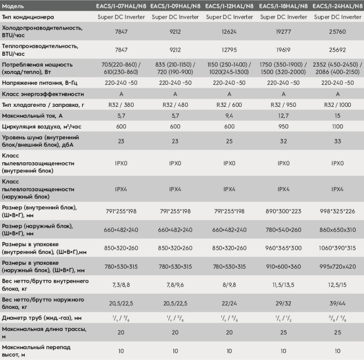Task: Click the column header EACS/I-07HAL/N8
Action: coord(121,6)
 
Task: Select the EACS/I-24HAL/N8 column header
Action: coord(337,6)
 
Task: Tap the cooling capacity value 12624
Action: coord(229,31)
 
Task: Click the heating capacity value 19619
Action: coord(283,50)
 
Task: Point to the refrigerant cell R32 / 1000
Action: coord(338,105)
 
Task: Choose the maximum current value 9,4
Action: coord(229,116)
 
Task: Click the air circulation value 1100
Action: coord(338,127)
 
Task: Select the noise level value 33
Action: coord(338,141)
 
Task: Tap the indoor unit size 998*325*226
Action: coord(338,211)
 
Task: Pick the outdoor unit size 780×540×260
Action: coord(283,230)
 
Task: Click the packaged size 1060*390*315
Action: coord(337,248)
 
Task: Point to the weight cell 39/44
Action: coord(338,303)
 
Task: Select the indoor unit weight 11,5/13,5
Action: coord(283,285)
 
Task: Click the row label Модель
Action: coord(13,6)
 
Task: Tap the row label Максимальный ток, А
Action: coord(32,116)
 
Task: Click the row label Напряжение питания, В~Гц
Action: coord(39,83)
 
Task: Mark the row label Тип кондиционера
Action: coord(28,17)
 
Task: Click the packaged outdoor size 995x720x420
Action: coord(338,267)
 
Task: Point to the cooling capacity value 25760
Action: coord(338,31)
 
